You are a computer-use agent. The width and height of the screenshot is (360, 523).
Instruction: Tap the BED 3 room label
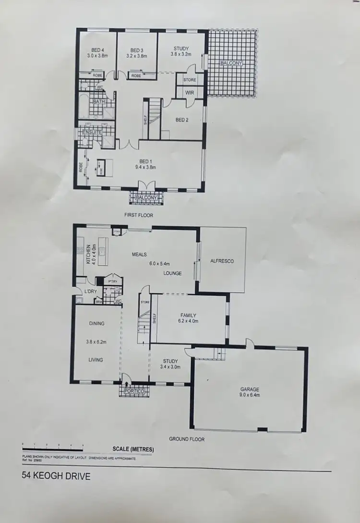click(137, 50)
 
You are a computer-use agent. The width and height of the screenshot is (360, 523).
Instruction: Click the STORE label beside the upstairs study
click(190, 80)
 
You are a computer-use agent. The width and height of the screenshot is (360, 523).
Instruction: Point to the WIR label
click(189, 93)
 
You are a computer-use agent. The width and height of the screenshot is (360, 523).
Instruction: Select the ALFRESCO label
click(222, 261)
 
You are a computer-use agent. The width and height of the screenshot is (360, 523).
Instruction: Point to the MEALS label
click(140, 255)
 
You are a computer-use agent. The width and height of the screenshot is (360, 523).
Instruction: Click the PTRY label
click(113, 281)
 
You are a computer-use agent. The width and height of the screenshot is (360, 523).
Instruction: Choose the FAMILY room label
click(188, 316)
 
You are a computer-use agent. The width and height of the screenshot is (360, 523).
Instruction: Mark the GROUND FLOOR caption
click(187, 439)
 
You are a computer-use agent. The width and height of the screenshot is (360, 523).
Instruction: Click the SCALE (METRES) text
click(133, 450)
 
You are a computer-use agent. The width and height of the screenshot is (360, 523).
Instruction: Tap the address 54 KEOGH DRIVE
click(56, 477)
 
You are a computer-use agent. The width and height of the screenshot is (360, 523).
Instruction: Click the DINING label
click(96, 324)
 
